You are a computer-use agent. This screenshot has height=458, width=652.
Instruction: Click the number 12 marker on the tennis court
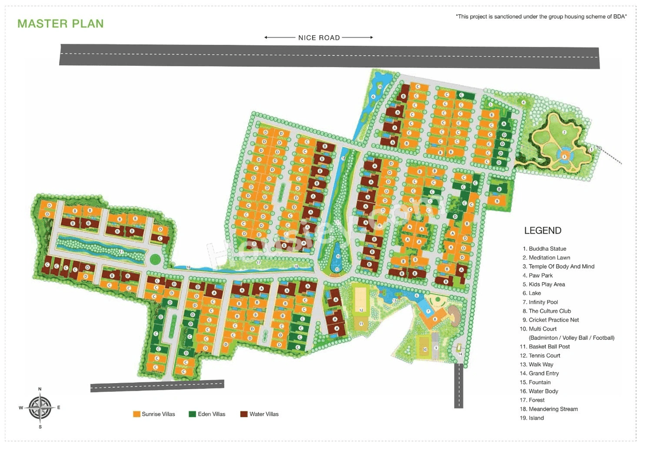[361, 310]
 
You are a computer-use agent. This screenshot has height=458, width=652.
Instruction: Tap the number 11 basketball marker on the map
[361, 324]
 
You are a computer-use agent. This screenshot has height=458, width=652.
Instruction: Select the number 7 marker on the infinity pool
[428, 311]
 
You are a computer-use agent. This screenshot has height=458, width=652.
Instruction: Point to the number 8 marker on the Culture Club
[434, 319]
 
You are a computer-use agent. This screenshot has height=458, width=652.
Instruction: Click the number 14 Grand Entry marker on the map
[459, 354]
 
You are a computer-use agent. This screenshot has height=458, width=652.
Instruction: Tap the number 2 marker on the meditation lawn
[564, 132]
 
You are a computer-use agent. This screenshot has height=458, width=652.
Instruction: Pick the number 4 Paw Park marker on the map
[523, 102]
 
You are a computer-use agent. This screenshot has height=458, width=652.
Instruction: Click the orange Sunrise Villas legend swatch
[137, 414]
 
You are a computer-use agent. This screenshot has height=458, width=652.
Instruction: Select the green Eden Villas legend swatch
[192, 414]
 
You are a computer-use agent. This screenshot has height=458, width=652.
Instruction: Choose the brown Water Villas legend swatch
[244, 414]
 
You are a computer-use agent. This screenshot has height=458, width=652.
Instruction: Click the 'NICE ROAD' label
[319, 38]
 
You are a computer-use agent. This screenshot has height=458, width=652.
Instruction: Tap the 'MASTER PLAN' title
[60, 23]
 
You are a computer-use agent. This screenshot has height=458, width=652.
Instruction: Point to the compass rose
[40, 408]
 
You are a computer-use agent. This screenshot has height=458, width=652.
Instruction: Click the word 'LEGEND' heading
[542, 231]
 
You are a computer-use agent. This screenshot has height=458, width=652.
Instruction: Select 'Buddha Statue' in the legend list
[547, 249]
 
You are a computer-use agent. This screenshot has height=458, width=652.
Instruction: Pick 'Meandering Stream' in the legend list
[553, 409]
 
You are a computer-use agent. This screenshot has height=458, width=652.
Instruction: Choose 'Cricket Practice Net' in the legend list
[553, 320]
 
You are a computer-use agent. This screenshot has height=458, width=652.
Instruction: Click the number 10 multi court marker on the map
[425, 349]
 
